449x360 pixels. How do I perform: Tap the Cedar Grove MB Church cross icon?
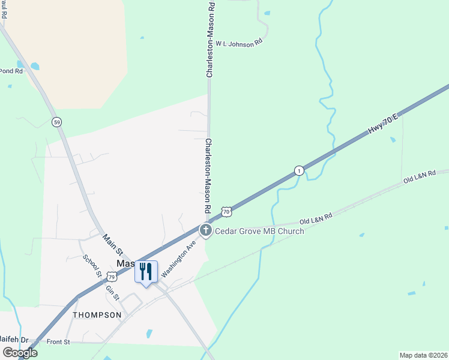205,230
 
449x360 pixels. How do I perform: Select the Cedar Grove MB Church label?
259,231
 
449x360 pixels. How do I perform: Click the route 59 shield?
56,122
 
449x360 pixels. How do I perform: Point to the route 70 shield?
226,211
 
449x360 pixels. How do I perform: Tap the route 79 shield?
112,276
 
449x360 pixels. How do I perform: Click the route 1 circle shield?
299,171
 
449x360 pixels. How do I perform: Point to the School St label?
92,266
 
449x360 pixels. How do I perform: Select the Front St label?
59,341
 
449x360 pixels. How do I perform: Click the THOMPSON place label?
93,314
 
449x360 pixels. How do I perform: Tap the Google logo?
19,353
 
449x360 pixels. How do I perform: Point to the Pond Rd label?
11,71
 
